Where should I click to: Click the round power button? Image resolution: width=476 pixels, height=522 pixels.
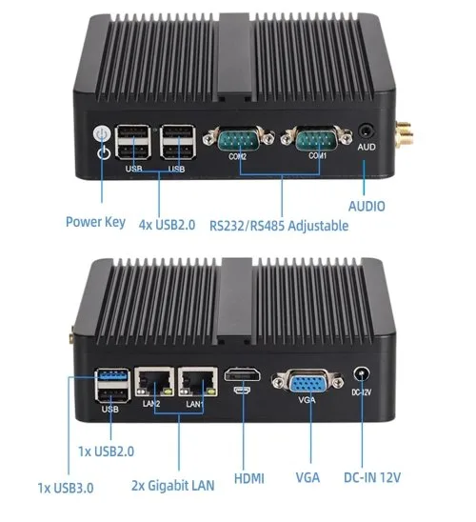pyautogui.click(x=102, y=133)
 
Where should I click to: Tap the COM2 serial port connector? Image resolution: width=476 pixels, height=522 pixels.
pyautogui.click(x=239, y=138)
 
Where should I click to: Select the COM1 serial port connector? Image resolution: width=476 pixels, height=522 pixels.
pyautogui.click(x=316, y=138)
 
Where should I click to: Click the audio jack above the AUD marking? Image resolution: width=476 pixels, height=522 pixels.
pyautogui.click(x=366, y=130)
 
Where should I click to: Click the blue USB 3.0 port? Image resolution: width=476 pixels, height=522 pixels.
pyautogui.click(x=111, y=375)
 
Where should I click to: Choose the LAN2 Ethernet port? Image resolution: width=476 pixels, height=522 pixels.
pyautogui.click(x=154, y=382)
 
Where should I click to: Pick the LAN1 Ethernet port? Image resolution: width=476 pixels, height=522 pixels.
pyautogui.click(x=198, y=382)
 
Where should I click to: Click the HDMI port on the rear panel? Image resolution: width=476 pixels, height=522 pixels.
pyautogui.click(x=242, y=374)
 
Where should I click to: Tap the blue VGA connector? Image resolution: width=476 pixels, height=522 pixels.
pyautogui.click(x=307, y=382)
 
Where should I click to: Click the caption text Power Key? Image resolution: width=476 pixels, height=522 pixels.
pyautogui.click(x=95, y=222)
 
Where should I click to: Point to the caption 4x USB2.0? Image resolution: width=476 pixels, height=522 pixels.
pyautogui.click(x=167, y=225)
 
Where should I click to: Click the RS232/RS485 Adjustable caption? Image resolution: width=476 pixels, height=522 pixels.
pyautogui.click(x=279, y=226)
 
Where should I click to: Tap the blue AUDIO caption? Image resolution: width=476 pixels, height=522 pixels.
pyautogui.click(x=367, y=207)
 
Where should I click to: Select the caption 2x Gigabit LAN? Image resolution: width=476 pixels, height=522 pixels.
pyautogui.click(x=173, y=486)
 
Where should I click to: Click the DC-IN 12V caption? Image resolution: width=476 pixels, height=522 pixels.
pyautogui.click(x=372, y=478)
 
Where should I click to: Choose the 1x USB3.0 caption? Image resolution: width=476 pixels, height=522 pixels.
pyautogui.click(x=66, y=488)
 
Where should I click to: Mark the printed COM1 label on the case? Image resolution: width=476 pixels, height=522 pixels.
pyautogui.click(x=317, y=156)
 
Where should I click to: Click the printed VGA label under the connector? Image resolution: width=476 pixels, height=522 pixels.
pyautogui.click(x=307, y=399)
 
